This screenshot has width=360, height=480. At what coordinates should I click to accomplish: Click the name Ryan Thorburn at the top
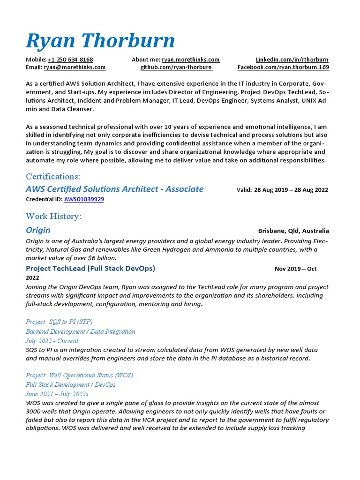100,41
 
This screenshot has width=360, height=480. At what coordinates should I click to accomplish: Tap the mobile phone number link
70,60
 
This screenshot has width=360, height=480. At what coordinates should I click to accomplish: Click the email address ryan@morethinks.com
75,67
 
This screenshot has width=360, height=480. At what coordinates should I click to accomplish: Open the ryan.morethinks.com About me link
190,60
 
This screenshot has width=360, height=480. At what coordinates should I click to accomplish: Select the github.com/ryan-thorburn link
176,67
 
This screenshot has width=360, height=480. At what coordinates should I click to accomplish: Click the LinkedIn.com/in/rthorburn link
292,60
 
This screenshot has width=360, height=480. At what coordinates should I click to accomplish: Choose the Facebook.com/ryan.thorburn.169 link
283,67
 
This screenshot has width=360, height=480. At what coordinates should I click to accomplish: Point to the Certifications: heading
53,176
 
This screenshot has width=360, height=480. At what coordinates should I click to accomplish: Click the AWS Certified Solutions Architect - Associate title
114,189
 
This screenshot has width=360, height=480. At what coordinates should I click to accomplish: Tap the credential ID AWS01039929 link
84,199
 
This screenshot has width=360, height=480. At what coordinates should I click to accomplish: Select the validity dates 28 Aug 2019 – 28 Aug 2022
291,190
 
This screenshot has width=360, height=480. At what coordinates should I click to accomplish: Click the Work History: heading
53,216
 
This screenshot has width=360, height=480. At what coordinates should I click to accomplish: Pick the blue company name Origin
38,230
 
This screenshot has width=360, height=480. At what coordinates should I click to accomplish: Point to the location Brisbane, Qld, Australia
293,231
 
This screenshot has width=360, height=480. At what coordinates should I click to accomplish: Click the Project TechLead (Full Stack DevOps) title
90,268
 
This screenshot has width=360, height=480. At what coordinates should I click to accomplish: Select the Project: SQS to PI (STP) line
59,322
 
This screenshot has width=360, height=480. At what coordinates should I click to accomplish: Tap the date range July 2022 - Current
52,341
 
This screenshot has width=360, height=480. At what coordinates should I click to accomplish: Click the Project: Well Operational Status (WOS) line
79,375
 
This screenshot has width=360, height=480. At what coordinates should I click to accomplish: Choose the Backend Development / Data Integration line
80,331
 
